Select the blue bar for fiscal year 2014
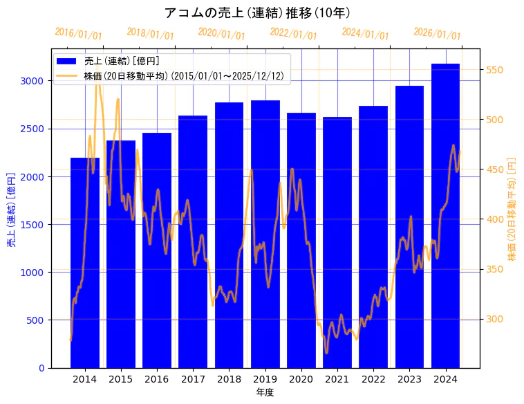click(85, 263)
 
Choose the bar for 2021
click(337, 242)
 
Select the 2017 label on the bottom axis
click(193, 379)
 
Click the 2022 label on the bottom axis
click(373, 379)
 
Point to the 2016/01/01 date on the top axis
click(78, 34)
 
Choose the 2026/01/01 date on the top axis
click(437, 34)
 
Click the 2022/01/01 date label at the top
click(293, 34)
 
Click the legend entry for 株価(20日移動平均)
click(183, 75)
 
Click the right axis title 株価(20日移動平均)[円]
click(512, 208)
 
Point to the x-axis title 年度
click(265, 392)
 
